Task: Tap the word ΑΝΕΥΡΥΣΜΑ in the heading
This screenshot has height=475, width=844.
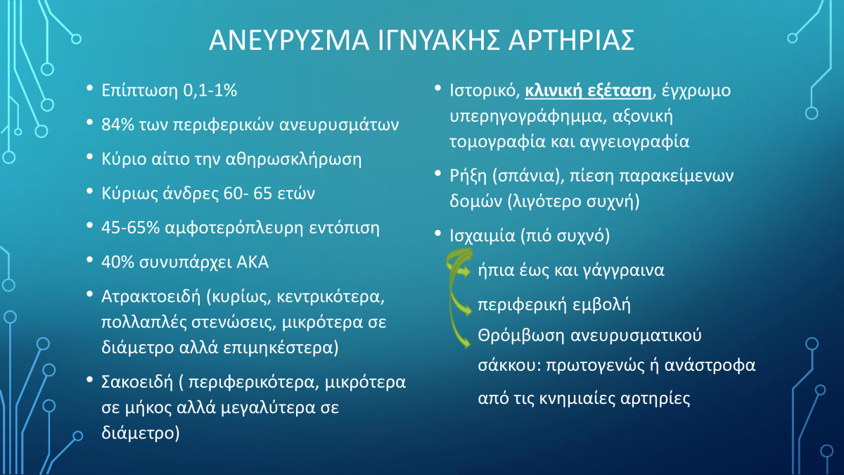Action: (289, 40)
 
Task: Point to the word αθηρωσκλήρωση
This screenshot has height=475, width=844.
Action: (293, 160)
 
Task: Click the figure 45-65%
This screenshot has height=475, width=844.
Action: (130, 228)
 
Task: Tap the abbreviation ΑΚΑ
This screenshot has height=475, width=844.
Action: (252, 262)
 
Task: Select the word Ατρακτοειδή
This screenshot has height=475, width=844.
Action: (151, 297)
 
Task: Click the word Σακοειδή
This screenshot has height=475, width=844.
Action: (137, 382)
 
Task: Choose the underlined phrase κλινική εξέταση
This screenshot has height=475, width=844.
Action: (588, 91)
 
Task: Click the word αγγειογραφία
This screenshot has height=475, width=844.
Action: (634, 142)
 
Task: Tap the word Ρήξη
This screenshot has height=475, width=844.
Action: (468, 176)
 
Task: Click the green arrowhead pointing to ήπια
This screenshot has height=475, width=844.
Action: (466, 271)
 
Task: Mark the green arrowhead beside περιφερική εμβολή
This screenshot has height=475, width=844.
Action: (467, 310)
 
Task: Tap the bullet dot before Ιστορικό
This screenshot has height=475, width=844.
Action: (437, 88)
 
